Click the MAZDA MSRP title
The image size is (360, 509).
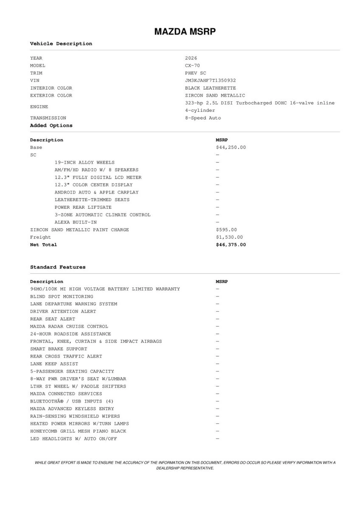[x=185, y=31]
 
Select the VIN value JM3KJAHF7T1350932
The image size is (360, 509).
[x=210, y=81]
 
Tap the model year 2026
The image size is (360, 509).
[x=191, y=58]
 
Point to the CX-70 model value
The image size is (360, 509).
[x=192, y=66]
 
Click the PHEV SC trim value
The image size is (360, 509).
[x=195, y=73]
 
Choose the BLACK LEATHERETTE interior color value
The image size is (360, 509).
[x=210, y=88]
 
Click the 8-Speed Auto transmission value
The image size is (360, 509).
[x=202, y=118]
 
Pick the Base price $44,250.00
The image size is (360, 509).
[x=231, y=148]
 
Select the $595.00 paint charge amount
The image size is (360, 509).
[x=226, y=230]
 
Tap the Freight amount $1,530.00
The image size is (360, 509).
[x=229, y=238]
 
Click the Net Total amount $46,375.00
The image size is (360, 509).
[x=231, y=245]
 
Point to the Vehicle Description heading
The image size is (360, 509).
[x=61, y=44]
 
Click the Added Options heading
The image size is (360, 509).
[x=51, y=126]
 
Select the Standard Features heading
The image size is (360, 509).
[x=57, y=267]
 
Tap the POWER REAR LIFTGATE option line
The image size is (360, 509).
[x=83, y=207]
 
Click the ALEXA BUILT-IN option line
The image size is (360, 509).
[x=75, y=222]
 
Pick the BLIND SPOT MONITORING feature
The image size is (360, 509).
[x=61, y=296]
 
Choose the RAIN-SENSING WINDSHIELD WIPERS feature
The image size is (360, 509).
[x=75, y=416]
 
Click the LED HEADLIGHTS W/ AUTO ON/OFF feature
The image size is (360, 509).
[x=73, y=439]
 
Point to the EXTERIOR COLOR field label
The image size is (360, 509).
[x=51, y=95]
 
